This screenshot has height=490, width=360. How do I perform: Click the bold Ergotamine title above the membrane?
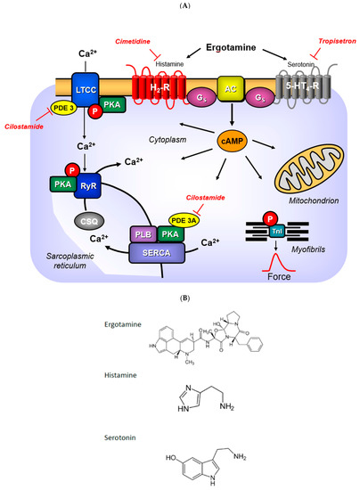pyautogui.click(x=216, y=45)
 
